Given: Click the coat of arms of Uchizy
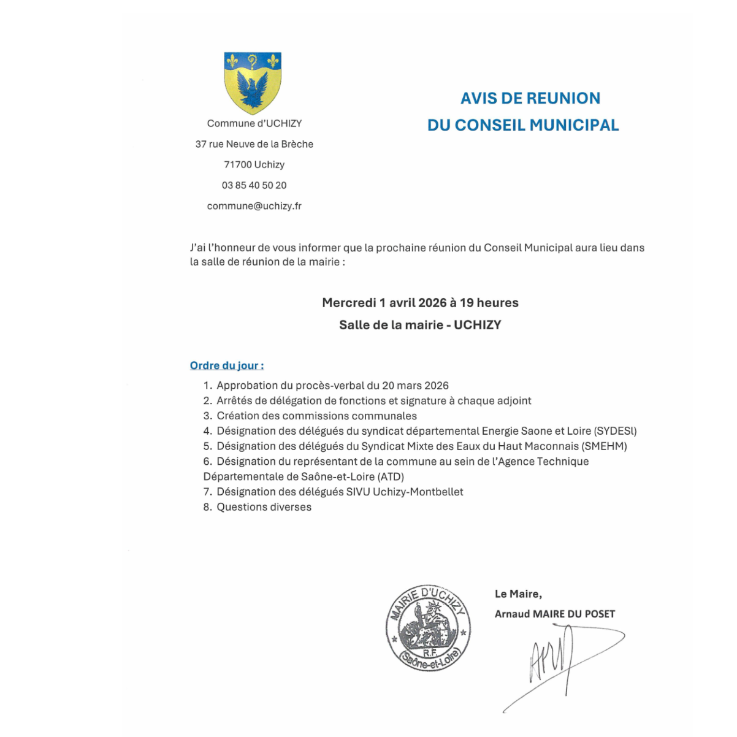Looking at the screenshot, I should point(253,83).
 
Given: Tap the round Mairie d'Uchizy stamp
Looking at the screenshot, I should point(428,627).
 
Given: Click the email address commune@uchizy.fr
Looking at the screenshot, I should point(254,206).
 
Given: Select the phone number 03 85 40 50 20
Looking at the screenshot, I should point(254,185).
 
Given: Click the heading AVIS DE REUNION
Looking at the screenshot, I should point(530,98).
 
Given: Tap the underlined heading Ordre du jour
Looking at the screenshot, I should point(226,365).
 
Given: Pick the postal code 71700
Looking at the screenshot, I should point(237,164).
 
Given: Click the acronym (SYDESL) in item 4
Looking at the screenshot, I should point(615,431).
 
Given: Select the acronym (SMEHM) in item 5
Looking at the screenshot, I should point(605,446).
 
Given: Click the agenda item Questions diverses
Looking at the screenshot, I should point(264,507).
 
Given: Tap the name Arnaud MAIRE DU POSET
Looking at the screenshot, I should point(554,614).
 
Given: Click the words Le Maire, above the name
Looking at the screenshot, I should point(518,594).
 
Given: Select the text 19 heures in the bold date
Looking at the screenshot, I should point(489,303).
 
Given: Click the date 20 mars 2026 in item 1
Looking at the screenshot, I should point(415,386).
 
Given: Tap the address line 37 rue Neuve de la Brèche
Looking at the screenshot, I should point(254,144).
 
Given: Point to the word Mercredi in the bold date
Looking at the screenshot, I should point(349,303).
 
